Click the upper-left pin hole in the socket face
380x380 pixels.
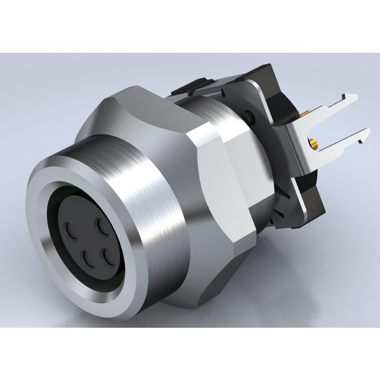pyautogui.click(x=72, y=231)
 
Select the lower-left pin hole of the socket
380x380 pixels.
pyautogui.click(x=88, y=259)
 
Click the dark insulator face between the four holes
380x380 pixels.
pyautogui.click(x=90, y=242)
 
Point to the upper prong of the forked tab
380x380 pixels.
pyautogui.click(x=332, y=102)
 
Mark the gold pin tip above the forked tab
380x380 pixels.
pyautogui.click(x=304, y=114)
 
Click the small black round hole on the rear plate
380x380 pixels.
pyautogui.click(x=248, y=115)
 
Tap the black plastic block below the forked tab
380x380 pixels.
pyautogui.click(x=311, y=199)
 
